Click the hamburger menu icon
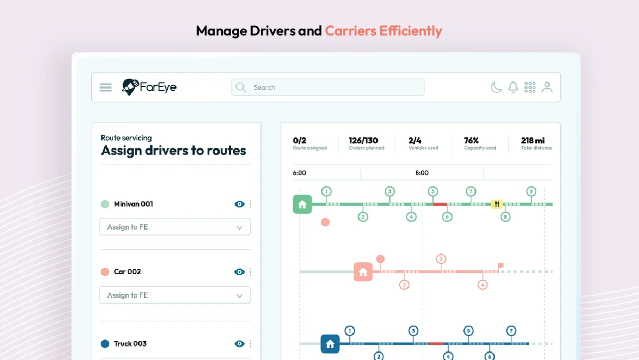(x=105, y=87)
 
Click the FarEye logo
(x=150, y=87)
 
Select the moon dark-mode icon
(x=496, y=87)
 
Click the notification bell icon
(x=513, y=87)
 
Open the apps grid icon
(x=530, y=87)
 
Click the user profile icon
(x=547, y=87)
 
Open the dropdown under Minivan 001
(x=175, y=227)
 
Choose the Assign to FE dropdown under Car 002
(x=175, y=295)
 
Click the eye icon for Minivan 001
(x=239, y=204)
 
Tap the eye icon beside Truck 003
(x=239, y=344)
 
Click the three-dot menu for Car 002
(x=250, y=272)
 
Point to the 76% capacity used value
(x=471, y=141)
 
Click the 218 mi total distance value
(x=533, y=141)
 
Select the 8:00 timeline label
(x=422, y=173)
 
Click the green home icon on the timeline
(x=302, y=204)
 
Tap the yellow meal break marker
(x=497, y=204)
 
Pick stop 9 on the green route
(x=531, y=191)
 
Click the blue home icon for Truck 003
(x=330, y=344)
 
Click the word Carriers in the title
(x=350, y=31)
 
